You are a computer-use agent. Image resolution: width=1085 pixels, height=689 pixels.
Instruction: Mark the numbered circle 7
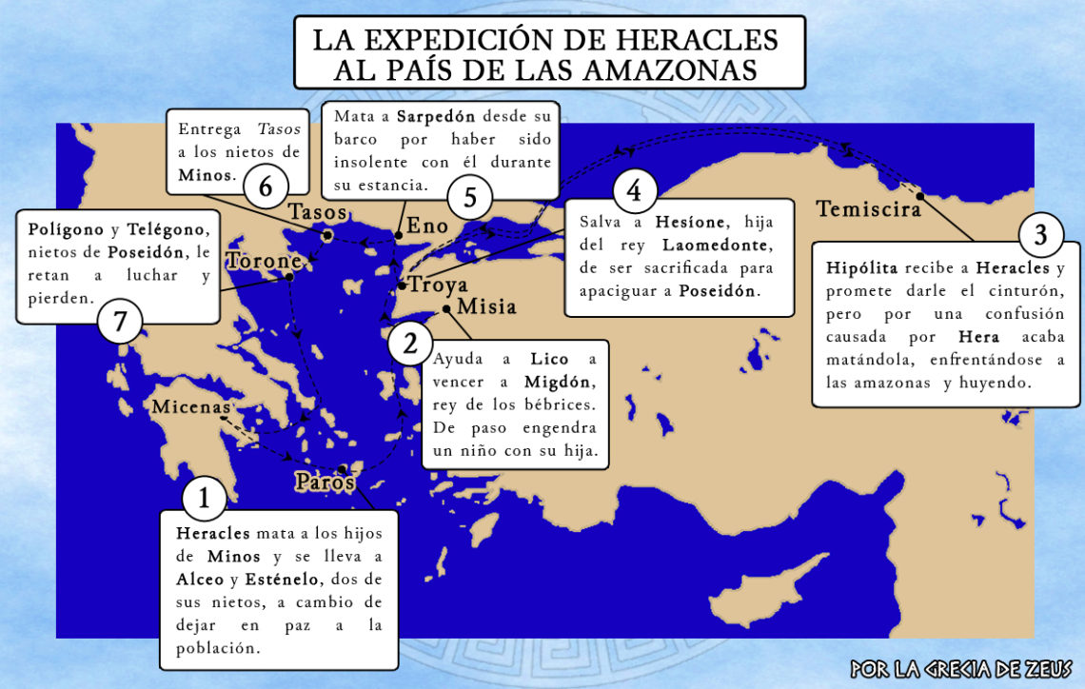coord(120,323)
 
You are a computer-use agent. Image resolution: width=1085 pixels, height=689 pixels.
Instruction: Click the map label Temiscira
coord(868,207)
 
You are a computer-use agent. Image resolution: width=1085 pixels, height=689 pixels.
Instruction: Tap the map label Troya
coord(439,285)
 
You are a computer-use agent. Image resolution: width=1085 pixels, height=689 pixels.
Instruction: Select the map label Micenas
coord(190,407)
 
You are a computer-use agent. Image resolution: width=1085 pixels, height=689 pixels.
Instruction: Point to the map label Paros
coord(325,482)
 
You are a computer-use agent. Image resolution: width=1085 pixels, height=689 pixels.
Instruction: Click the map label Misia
coord(486,306)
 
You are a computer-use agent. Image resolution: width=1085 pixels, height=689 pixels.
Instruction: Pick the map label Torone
coord(265,261)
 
